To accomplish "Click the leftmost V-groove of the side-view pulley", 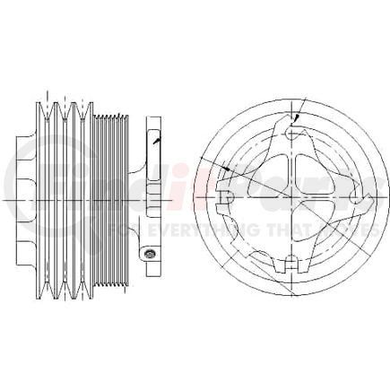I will [51, 193].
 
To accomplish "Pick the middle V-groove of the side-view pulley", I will [68, 193].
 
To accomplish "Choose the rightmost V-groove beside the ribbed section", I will [86, 193].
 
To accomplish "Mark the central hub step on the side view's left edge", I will [20, 193].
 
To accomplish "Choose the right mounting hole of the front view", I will [363, 195].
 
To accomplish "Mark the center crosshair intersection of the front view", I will [290, 194].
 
